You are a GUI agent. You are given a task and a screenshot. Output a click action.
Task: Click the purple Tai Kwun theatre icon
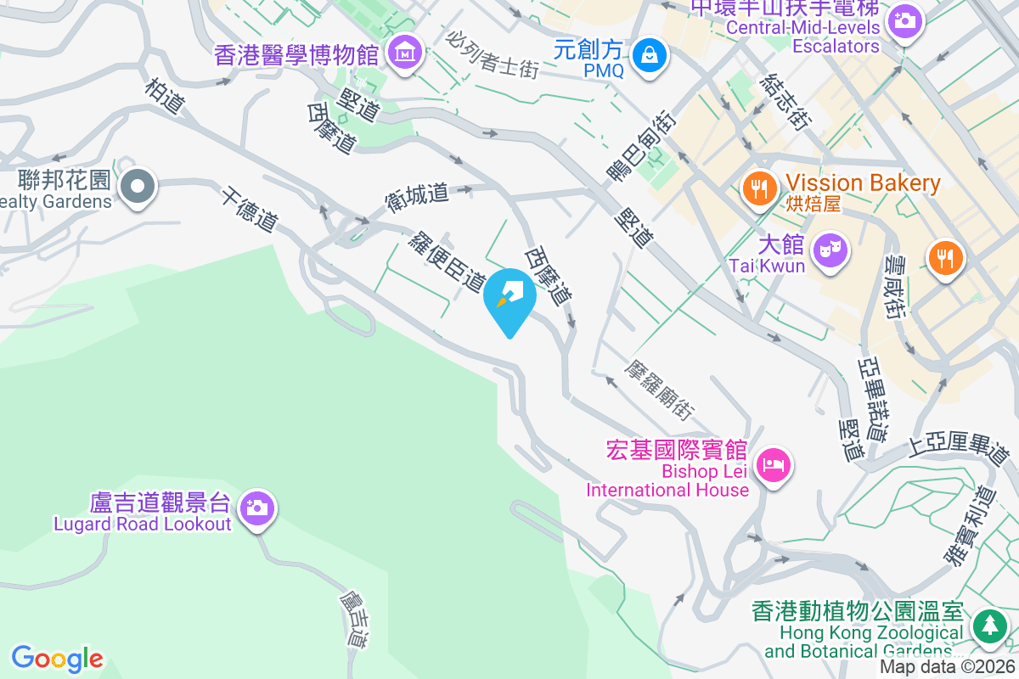point(829,250)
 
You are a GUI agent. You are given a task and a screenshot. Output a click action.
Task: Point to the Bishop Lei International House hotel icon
point(774,464)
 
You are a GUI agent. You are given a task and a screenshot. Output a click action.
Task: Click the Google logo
point(58,659)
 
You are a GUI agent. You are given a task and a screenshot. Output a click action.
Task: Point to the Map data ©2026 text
point(947,667)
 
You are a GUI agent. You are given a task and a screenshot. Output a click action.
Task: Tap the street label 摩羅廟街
point(658,391)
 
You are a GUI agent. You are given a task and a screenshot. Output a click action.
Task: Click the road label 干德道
point(251,210)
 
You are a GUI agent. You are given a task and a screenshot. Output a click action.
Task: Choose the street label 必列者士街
point(493,54)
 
